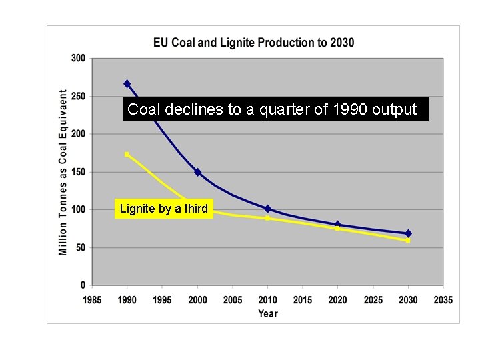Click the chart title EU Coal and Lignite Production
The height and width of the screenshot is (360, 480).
click(253, 43)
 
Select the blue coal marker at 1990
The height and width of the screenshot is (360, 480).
click(127, 84)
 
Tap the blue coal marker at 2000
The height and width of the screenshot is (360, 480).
click(197, 172)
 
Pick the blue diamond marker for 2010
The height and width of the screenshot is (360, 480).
click(267, 209)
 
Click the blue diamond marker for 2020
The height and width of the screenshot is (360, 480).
click(337, 225)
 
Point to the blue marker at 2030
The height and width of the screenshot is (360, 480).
click(408, 233)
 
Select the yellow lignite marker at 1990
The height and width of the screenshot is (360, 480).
click(127, 154)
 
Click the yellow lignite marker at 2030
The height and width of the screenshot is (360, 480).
click(408, 240)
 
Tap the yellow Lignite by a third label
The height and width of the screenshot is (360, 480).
click(163, 209)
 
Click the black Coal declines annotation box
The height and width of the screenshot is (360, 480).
click(275, 109)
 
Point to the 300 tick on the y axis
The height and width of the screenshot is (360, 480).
click(78, 58)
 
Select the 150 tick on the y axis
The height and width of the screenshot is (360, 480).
click(78, 172)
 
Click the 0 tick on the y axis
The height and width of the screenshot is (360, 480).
click(82, 285)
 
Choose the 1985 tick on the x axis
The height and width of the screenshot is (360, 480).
click(92, 300)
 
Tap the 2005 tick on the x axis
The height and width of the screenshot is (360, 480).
click(233, 300)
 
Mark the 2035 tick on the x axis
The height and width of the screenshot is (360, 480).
click(443, 300)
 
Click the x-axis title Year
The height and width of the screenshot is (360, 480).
click(267, 313)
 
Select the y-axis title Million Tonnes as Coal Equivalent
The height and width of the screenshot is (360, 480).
click(63, 172)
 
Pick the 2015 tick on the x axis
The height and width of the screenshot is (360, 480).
click(303, 300)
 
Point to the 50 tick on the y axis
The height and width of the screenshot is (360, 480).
click(79, 247)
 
